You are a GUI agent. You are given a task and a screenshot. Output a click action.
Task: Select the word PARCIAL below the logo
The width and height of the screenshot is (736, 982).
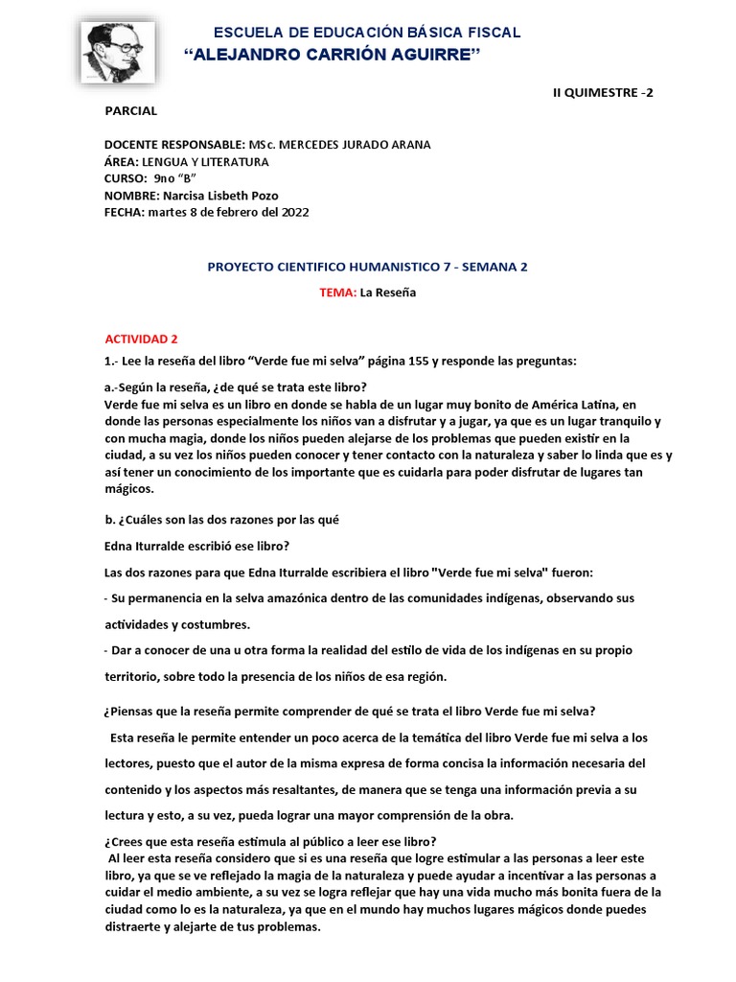(x=130, y=111)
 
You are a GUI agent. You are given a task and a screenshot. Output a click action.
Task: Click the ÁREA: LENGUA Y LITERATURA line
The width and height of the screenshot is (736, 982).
(x=186, y=162)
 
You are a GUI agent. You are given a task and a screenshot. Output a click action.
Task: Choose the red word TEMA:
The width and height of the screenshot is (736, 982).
(x=338, y=292)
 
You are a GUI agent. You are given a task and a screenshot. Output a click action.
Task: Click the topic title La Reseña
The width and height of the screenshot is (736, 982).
(x=388, y=292)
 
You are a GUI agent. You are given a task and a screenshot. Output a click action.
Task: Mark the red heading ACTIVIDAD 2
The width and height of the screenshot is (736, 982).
(x=141, y=339)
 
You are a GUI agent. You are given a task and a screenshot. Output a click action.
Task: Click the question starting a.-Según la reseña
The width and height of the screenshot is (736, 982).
(x=235, y=387)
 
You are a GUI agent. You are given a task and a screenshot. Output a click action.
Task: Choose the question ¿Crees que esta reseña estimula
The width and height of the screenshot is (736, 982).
(x=270, y=841)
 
